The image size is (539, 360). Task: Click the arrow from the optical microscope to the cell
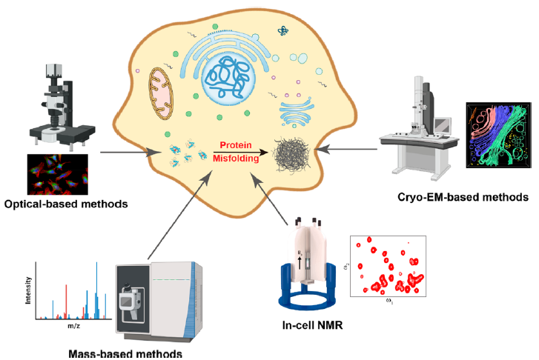[x=129, y=153]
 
